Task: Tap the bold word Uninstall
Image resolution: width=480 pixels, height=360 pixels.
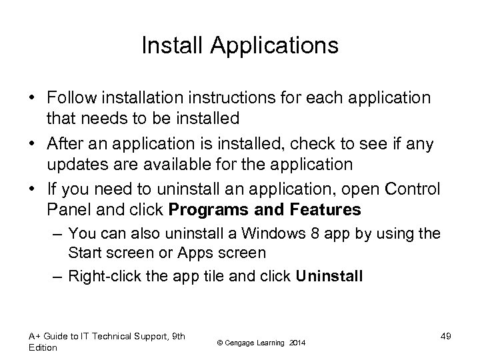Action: tap(329, 276)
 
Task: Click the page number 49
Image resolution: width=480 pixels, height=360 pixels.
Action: tap(445, 336)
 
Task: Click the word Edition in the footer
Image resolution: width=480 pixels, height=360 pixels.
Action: tap(43, 347)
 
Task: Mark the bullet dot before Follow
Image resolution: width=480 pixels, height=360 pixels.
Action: tap(32, 99)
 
